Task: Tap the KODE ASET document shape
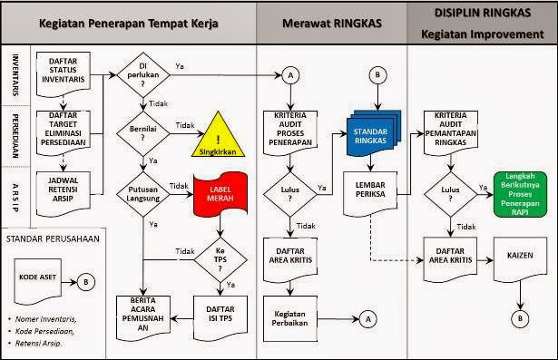tap(44, 277)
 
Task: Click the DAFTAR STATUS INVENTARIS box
tap(62, 70)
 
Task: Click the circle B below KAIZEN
tap(520, 318)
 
